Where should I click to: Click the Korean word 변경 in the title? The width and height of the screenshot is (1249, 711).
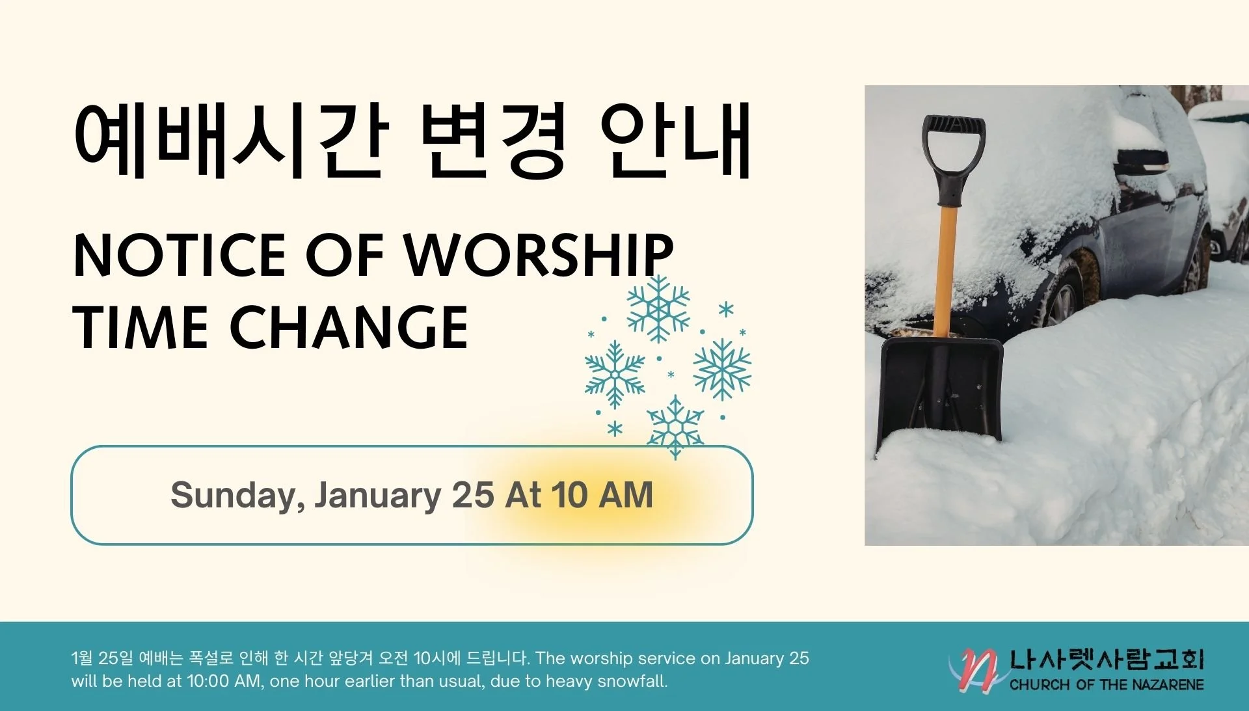pos(493,140)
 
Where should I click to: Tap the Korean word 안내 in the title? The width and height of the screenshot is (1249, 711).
pos(677,140)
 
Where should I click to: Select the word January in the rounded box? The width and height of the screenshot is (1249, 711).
pos(378,495)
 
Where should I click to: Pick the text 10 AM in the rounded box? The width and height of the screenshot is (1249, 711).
pos(602,495)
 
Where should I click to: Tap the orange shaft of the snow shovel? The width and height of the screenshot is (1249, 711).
pos(945,273)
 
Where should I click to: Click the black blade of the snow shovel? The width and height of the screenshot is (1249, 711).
pos(940,390)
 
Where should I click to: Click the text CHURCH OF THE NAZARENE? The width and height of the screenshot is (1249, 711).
pos(1107,685)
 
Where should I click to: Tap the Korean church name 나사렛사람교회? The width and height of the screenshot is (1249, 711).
pos(1107,660)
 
